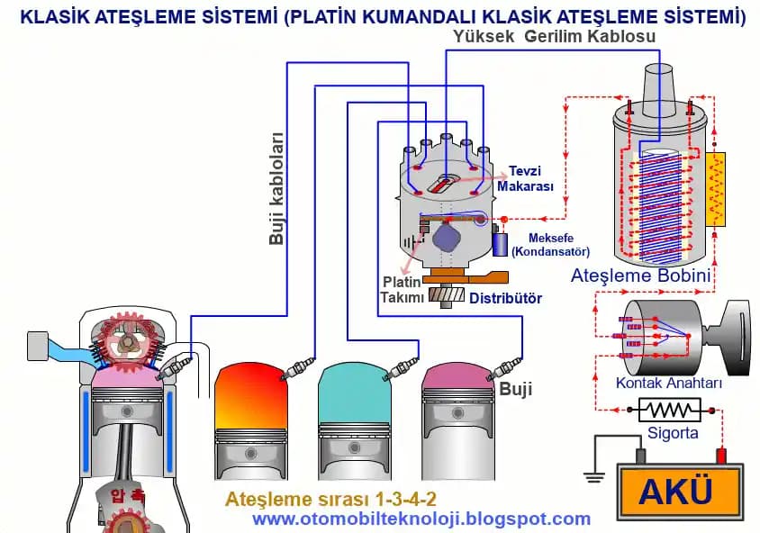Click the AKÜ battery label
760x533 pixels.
point(675,492)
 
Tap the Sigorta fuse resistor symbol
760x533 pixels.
point(669,411)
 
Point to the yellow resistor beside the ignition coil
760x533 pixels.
point(718,190)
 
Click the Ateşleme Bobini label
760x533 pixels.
point(641,276)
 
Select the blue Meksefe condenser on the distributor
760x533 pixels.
point(501,242)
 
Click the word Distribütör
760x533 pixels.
point(505,298)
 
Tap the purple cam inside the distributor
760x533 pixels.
point(447,239)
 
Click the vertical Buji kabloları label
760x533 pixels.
point(277,189)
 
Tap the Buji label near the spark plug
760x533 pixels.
point(517,390)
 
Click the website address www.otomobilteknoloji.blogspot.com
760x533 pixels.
point(421,519)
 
